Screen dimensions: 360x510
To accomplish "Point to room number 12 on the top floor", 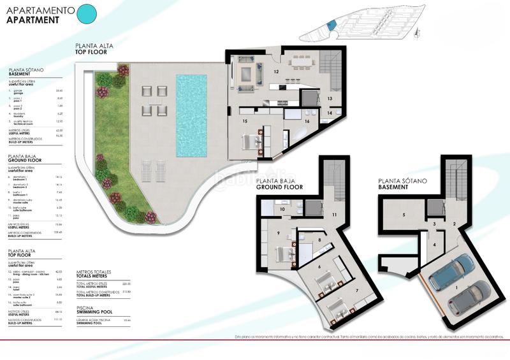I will coord(277,72).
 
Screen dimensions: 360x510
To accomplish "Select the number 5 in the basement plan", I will coord(404,215).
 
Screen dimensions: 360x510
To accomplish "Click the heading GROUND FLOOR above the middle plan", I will coord(278,187).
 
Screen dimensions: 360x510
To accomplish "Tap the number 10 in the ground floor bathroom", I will coord(282,209).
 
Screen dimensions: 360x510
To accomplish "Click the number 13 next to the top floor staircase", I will coord(330,99).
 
